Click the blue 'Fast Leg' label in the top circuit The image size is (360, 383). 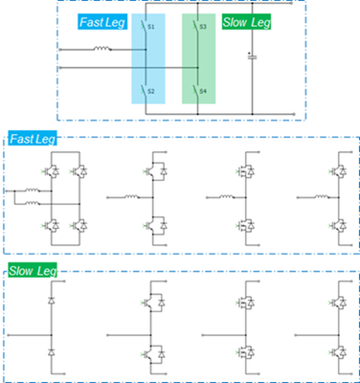coord(99,20)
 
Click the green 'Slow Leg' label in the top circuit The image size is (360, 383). coord(246,20)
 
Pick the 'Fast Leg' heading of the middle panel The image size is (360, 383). coord(32,140)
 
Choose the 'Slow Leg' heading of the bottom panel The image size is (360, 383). coord(33,273)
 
